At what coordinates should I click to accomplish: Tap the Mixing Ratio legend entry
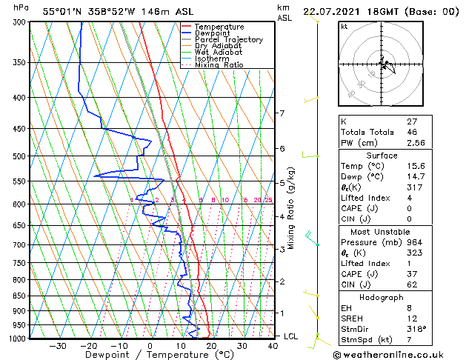point(219,65)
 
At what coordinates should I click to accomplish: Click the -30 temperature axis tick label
point(58,346)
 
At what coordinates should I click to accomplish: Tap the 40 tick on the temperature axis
point(273,346)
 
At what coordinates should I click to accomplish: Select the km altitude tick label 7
point(282,113)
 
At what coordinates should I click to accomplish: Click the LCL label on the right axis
point(292,336)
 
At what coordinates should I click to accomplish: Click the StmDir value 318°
point(417,329)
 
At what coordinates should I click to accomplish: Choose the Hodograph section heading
point(382,297)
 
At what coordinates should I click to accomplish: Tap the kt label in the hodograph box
point(344,27)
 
